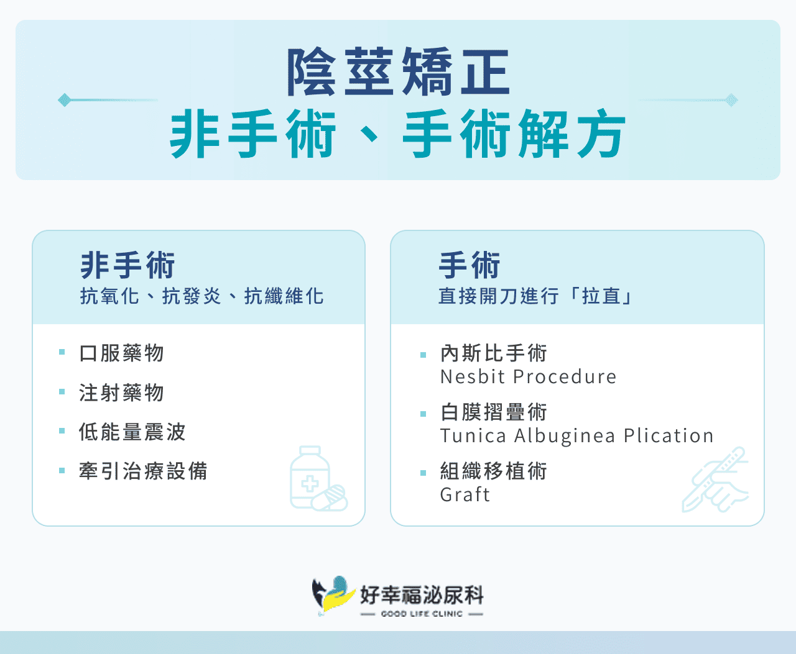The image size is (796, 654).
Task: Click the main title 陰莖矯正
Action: [398, 72]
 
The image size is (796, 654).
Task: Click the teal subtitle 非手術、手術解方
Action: [398, 134]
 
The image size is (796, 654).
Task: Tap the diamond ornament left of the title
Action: [63, 100]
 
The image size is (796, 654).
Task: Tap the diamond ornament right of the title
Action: [732, 100]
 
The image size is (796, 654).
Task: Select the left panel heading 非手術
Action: [127, 265]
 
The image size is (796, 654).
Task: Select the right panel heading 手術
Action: [470, 265]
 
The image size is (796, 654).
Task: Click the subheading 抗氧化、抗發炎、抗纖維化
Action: [201, 296]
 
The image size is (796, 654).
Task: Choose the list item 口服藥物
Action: [122, 353]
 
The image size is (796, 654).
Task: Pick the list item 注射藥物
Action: [122, 393]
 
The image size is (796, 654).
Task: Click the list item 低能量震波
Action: [132, 432]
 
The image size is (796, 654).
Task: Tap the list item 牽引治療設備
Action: [143, 471]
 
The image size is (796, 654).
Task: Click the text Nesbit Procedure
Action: [528, 376]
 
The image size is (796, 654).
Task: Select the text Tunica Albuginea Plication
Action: [576, 435]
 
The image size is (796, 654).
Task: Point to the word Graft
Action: [465, 494]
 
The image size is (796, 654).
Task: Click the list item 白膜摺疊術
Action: [494, 411]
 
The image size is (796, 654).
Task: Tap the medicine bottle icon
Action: [317, 479]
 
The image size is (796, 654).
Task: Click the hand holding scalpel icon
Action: [716, 479]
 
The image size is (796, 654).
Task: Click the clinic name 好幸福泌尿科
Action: [422, 594]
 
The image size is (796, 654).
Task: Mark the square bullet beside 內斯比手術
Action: [423, 355]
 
